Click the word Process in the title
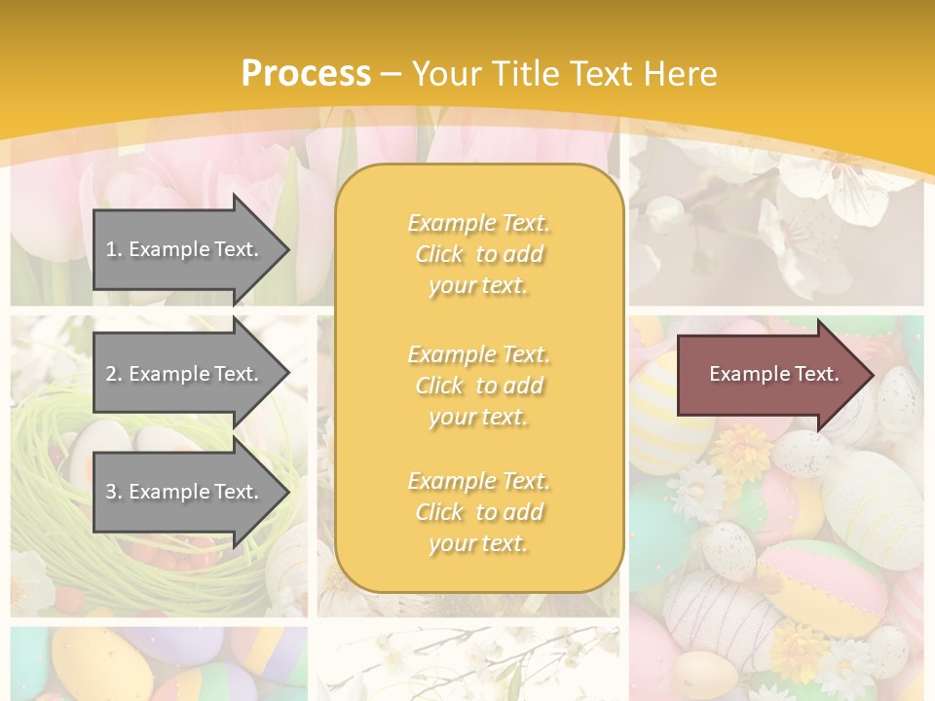pyautogui.click(x=306, y=74)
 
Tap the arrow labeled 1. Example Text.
pyautogui.click(x=185, y=249)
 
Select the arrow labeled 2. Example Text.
pyautogui.click(x=185, y=374)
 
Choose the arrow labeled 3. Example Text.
pyautogui.click(x=185, y=492)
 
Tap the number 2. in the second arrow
pyautogui.click(x=114, y=374)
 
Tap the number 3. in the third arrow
pyautogui.click(x=114, y=492)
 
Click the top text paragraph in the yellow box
pyautogui.click(x=478, y=254)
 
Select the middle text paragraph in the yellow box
pyautogui.click(x=478, y=386)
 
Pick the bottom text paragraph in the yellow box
pyautogui.click(x=478, y=512)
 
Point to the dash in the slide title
pyautogui.click(x=392, y=74)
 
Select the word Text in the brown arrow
pyautogui.click(x=817, y=374)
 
